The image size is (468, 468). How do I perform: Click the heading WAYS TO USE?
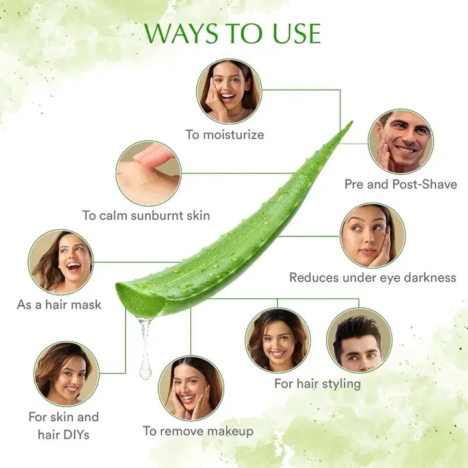(232, 33)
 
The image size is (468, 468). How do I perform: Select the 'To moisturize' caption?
(224, 135)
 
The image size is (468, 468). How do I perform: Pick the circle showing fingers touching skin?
(149, 174)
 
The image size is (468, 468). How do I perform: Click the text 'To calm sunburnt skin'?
(146, 215)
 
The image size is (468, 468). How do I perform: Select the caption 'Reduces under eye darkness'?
(372, 278)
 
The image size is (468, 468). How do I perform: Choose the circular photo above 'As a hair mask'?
(60, 261)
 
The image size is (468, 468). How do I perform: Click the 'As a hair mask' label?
(59, 304)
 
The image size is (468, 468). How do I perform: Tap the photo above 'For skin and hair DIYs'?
(67, 374)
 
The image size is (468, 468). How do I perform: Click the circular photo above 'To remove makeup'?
(190, 388)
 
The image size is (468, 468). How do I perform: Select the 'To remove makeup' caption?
(198, 431)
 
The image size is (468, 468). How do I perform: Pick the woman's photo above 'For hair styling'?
(278, 340)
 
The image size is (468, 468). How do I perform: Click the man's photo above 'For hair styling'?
(359, 340)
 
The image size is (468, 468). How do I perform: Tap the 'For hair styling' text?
(317, 383)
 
